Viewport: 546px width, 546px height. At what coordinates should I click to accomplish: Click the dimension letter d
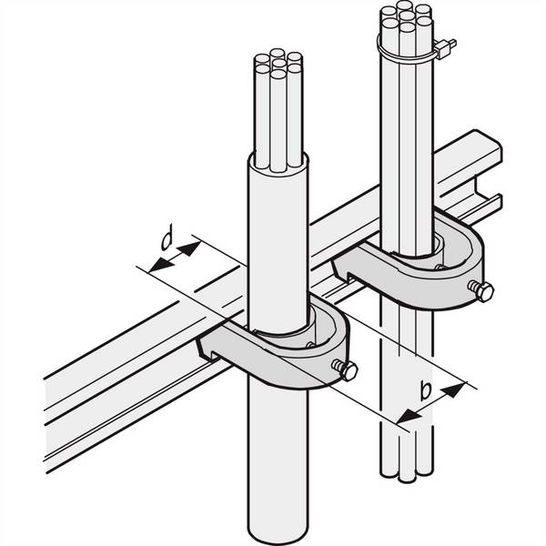[x=167, y=238]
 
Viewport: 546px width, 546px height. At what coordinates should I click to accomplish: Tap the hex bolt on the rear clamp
[x=481, y=291]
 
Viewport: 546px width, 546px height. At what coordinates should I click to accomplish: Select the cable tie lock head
[x=445, y=48]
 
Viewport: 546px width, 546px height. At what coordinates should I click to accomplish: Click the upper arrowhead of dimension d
[x=189, y=248]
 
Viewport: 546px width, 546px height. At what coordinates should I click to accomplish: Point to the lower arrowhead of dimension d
[x=161, y=265]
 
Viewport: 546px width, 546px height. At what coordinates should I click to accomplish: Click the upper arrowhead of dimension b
[x=453, y=389]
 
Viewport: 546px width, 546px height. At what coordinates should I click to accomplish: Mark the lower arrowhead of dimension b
[x=409, y=416]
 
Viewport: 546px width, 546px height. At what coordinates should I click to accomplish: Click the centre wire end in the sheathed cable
[x=278, y=64]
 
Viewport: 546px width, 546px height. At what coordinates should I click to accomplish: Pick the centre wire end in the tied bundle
[x=407, y=15]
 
